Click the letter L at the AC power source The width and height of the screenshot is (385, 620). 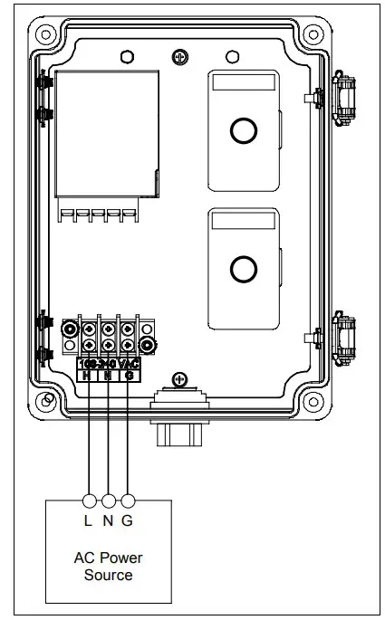(89, 520)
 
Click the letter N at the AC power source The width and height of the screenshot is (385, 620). (109, 520)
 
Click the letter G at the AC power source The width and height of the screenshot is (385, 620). (129, 520)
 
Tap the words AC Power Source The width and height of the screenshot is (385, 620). (108, 567)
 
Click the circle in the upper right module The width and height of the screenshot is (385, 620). (244, 131)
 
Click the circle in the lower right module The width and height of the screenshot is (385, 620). (244, 269)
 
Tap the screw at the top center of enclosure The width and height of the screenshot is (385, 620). (180, 57)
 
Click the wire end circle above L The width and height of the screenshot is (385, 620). (89, 501)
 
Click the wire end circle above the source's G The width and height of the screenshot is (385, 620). (129, 501)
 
